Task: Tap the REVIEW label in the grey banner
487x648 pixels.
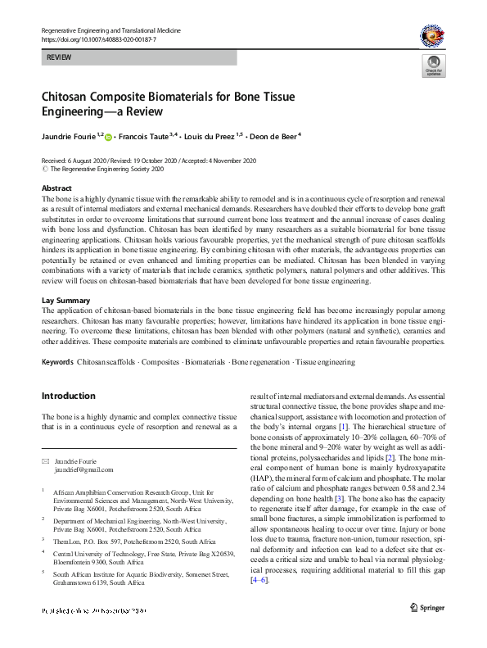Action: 59,58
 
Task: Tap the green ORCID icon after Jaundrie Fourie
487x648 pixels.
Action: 108,137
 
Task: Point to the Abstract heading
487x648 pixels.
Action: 56,188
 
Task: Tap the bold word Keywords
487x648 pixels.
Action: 56,361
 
